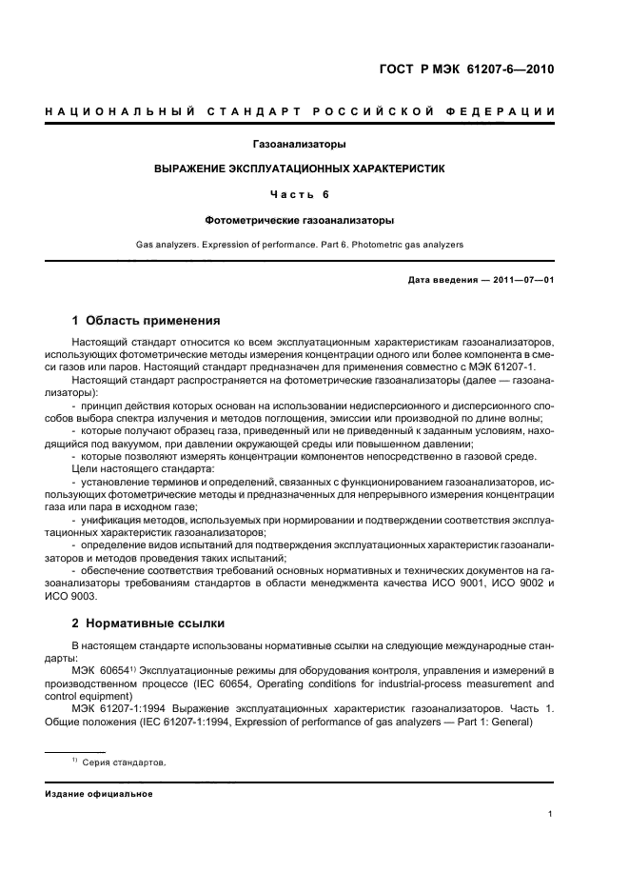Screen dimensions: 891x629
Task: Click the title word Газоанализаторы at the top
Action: point(299,145)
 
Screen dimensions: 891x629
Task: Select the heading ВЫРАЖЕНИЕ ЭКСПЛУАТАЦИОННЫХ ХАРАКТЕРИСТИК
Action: point(300,168)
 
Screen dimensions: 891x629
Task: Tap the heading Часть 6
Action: point(300,194)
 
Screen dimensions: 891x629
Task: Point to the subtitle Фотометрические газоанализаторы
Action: point(300,220)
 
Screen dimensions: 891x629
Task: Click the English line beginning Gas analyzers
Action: point(300,245)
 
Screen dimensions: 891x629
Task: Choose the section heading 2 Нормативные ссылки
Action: point(148,624)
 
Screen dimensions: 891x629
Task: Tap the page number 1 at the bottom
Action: point(551,814)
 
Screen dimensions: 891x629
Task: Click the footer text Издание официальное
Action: point(98,793)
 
